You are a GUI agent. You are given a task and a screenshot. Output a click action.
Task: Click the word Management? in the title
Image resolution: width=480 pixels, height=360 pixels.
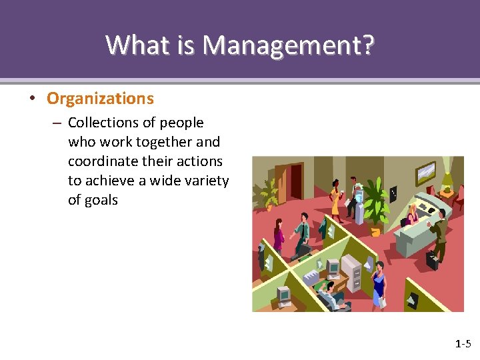289,45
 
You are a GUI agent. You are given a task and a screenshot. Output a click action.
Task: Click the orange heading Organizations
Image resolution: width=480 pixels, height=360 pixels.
100,99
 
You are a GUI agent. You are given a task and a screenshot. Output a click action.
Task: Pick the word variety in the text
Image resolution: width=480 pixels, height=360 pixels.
205,181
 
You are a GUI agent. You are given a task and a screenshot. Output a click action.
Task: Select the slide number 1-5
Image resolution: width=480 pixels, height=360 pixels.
463,344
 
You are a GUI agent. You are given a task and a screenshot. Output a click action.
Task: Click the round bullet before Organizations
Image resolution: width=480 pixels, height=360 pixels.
31,99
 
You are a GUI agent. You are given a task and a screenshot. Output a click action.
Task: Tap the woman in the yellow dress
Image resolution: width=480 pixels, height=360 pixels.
335,197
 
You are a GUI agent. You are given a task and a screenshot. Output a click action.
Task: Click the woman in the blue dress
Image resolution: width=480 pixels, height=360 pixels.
379,283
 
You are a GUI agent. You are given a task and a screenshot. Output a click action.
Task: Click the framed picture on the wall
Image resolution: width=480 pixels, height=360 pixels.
425,173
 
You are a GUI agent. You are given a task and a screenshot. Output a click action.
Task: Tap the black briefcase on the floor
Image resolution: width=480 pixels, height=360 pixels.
432,259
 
